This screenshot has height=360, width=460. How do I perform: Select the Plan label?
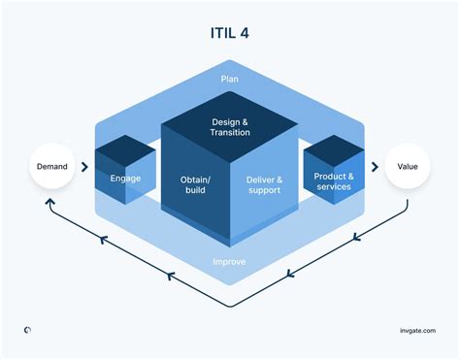pos(230,79)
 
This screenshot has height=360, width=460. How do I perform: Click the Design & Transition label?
pos(230,127)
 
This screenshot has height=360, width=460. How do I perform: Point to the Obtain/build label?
pos(197,184)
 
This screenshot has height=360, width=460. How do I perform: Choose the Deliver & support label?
pos(263,184)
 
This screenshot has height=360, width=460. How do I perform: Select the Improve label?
pos(230,261)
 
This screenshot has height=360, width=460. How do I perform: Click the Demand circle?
pos(52,167)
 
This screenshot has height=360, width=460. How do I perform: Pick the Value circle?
pos(408,167)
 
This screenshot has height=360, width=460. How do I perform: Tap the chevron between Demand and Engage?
pos(85,167)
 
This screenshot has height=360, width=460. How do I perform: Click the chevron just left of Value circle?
pos(374,167)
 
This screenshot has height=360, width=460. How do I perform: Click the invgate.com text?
pos(416,330)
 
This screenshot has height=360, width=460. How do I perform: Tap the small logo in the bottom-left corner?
pos(28,330)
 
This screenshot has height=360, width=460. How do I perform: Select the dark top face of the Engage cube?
pos(125,151)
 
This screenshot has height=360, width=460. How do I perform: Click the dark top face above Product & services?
pos(334,151)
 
